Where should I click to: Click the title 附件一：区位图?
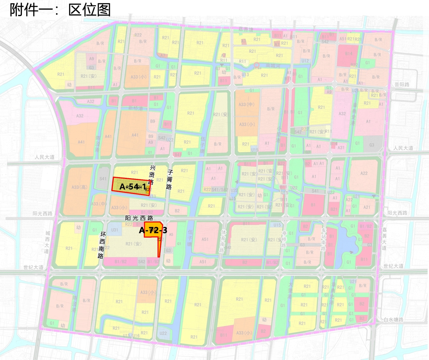point(60,10)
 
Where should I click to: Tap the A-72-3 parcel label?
point(153,230)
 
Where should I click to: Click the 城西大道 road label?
point(46,242)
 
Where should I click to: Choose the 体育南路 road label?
point(223,241)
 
